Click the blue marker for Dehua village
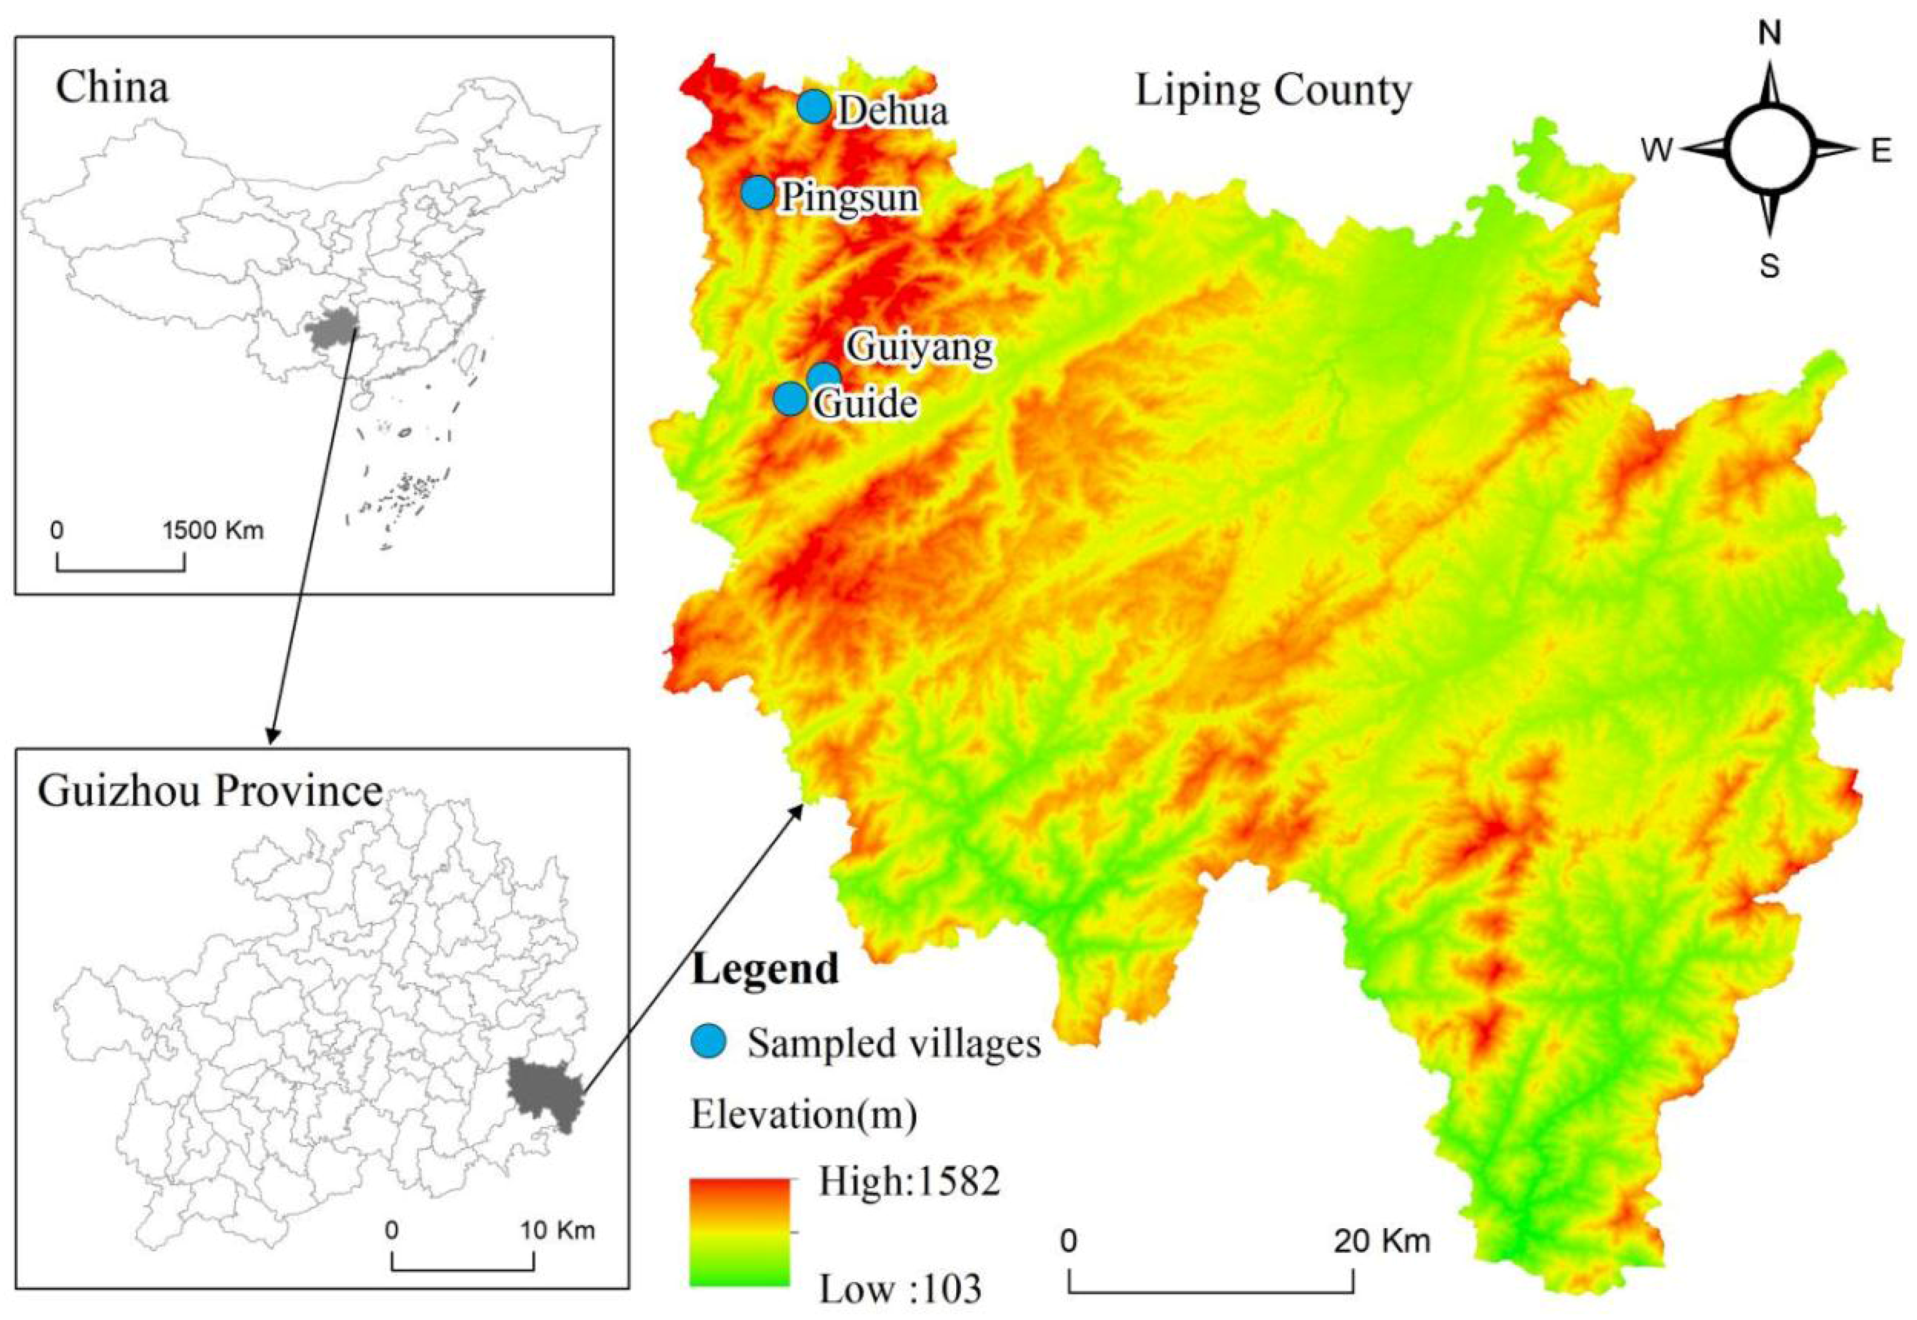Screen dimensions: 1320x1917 click(x=814, y=106)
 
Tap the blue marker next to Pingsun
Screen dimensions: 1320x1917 click(x=757, y=193)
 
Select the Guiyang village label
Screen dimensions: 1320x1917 click(x=922, y=347)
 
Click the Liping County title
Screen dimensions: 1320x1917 click(x=1273, y=91)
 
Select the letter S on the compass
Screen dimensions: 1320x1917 click(x=1768, y=266)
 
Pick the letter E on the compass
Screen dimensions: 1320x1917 click(x=1882, y=151)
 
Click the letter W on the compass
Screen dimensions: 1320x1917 click(x=1657, y=151)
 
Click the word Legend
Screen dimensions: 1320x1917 click(x=765, y=968)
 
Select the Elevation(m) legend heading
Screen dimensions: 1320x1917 click(x=803, y=1115)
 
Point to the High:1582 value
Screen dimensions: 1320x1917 click(x=909, y=1182)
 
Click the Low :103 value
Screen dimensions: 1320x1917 click(x=900, y=1288)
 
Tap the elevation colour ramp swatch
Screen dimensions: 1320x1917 click(x=739, y=1233)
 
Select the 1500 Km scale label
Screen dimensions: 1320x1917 click(x=213, y=530)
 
